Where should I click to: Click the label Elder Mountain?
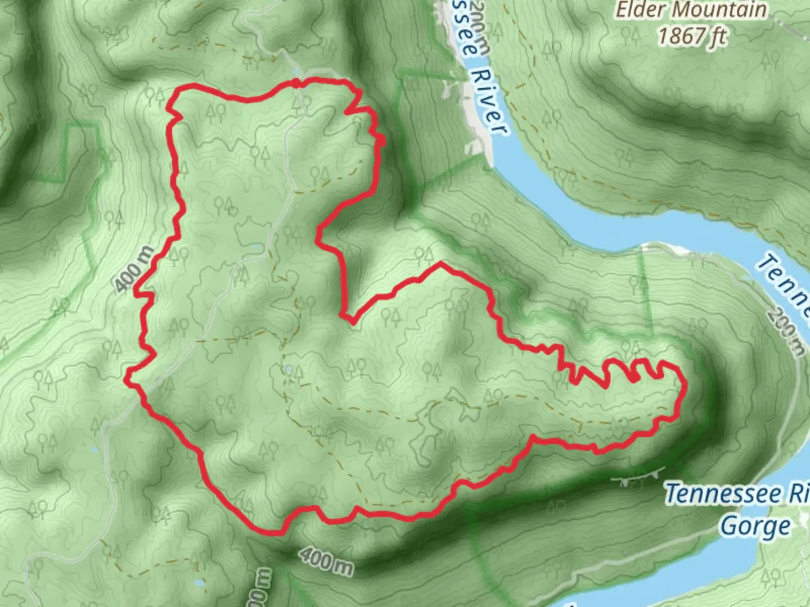(691, 10)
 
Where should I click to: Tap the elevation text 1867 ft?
(692, 36)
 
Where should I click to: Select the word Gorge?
(755, 527)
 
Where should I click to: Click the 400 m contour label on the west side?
(135, 269)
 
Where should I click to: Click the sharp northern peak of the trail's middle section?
(441, 262)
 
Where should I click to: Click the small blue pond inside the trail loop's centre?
(287, 369)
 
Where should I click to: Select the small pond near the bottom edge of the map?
(199, 583)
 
